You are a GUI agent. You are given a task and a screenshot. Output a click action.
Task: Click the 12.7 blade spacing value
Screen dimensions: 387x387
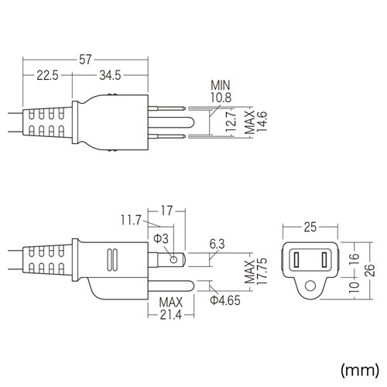[224, 122]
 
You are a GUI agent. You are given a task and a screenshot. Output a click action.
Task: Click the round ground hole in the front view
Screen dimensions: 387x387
[310, 286]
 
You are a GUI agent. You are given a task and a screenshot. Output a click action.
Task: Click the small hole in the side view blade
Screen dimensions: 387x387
[176, 259]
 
